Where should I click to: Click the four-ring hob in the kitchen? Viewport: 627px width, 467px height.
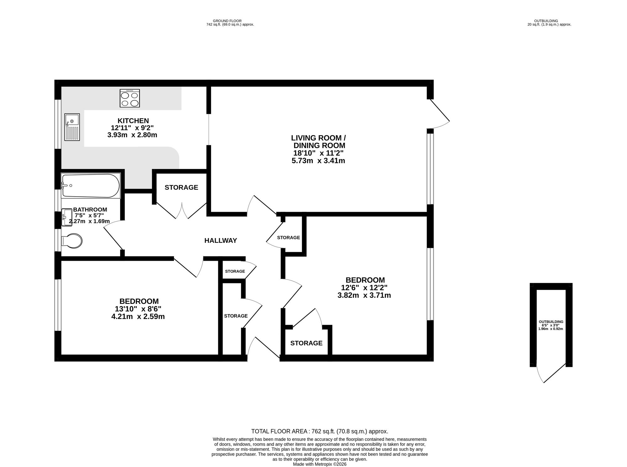click(x=130, y=98)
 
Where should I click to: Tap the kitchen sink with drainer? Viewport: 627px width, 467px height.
click(x=72, y=127)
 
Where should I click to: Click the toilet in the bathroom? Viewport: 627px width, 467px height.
click(x=72, y=241)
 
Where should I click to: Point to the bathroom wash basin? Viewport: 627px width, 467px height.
click(x=67, y=218)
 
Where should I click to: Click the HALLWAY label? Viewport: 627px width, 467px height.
click(x=221, y=240)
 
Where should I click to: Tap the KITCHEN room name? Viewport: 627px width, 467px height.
click(x=133, y=121)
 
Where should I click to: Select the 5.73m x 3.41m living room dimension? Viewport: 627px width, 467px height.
click(x=318, y=161)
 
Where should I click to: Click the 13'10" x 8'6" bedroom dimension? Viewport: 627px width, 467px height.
click(x=138, y=309)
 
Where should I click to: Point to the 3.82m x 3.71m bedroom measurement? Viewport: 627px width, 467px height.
click(x=364, y=295)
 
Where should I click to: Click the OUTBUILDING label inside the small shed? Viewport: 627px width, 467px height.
click(x=551, y=321)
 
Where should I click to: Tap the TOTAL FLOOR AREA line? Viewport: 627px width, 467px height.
click(x=320, y=431)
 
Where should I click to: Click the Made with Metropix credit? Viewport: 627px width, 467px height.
click(x=320, y=464)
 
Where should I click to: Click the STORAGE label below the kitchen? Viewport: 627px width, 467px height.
click(x=182, y=187)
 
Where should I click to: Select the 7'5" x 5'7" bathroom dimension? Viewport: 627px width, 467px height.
click(x=89, y=215)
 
